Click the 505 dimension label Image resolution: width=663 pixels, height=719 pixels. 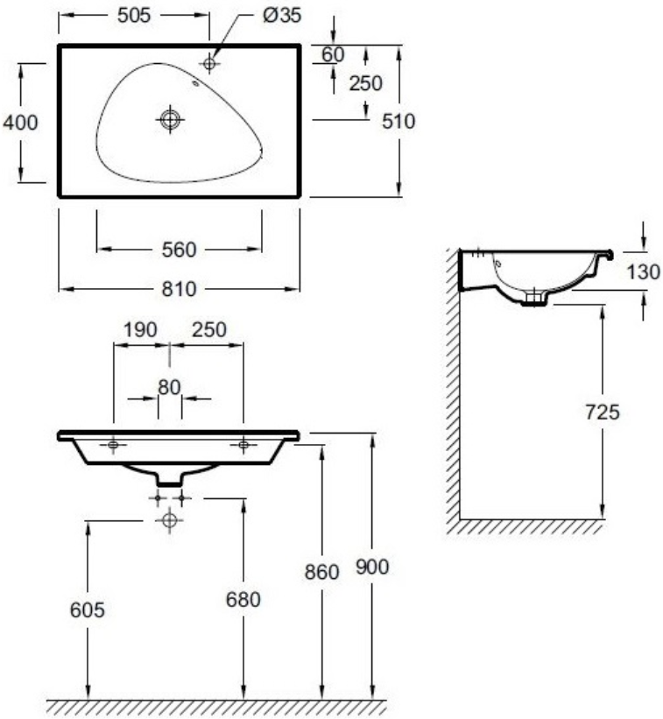tap(133, 15)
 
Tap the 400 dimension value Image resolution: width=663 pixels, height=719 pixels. tap(20, 123)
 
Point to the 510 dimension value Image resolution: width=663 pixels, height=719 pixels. tap(399, 121)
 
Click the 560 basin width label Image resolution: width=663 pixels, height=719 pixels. tap(179, 250)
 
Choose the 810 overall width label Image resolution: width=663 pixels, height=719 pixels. tap(179, 288)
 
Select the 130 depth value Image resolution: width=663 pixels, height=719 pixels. tap(643, 271)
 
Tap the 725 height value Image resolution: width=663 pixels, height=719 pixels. tap(602, 411)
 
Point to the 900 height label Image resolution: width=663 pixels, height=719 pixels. tap(372, 567)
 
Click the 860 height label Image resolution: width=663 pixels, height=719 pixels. tap(321, 573)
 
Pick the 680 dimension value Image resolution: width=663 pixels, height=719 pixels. tap(243, 600)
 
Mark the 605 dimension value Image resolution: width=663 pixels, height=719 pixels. tap(88, 610)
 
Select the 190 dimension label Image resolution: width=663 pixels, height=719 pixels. tap(139, 329)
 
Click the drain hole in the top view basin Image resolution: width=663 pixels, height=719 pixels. tap(170, 120)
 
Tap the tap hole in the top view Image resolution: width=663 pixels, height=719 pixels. tap(209, 62)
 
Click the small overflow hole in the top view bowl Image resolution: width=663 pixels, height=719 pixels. tap(194, 84)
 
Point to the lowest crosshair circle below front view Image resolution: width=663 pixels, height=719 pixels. tap(169, 521)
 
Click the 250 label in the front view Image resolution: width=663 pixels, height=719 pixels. tap(208, 329)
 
